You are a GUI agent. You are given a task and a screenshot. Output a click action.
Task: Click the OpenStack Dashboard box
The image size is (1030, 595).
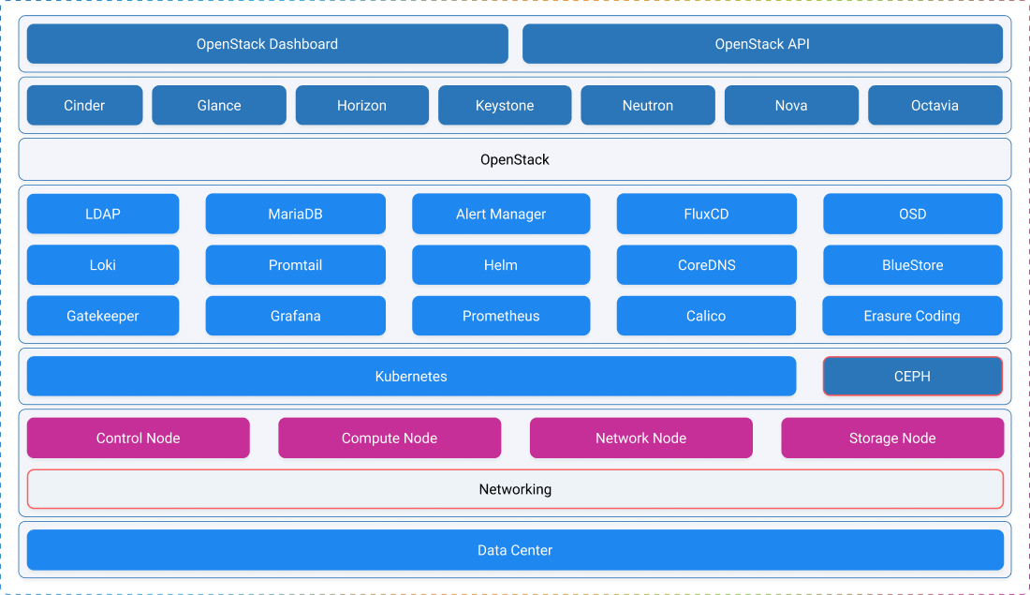267,44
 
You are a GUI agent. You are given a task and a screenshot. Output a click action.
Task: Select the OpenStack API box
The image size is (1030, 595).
762,44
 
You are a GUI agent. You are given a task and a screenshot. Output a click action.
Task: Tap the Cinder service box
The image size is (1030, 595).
84,105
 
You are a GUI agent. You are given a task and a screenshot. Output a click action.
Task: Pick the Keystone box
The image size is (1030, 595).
505,105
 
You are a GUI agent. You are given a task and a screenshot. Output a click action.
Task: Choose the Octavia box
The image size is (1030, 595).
934,105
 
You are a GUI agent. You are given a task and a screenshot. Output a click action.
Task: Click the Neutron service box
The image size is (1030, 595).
648,105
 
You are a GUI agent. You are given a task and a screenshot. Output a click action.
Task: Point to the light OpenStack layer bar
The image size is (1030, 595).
515,159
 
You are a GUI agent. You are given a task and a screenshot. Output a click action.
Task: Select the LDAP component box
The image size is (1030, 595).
103,214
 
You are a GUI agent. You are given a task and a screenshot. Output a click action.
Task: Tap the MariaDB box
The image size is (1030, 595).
295,214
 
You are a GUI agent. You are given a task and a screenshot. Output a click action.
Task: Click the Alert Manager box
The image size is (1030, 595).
501,214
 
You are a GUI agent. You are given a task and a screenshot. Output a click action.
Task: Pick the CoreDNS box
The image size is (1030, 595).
706,265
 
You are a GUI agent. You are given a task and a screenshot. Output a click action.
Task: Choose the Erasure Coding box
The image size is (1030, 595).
912,316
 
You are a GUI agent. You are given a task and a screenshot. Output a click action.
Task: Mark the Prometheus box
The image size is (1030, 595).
501,316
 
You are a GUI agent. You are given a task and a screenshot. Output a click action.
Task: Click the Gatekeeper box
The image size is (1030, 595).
103,316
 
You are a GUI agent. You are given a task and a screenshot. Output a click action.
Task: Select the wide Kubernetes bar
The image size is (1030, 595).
411,377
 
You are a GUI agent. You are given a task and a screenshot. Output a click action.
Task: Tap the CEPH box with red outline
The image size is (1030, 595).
912,377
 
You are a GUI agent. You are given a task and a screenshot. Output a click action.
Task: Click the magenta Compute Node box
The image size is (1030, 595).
390,438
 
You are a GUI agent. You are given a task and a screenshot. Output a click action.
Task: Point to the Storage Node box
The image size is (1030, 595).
892,438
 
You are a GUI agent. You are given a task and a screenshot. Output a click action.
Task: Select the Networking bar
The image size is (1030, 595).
515,489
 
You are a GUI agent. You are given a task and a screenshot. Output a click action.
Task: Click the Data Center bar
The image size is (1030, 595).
515,550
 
